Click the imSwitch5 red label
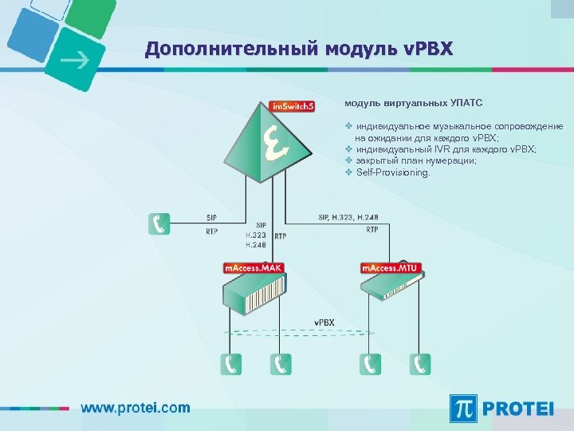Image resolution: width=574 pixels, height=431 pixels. point(292,105)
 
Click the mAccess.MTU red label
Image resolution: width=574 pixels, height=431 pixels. point(391,268)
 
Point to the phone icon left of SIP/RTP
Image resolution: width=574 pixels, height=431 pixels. point(159,223)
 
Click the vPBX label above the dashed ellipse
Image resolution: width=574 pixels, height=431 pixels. point(324,322)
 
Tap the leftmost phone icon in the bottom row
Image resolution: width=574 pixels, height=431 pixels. point(232,364)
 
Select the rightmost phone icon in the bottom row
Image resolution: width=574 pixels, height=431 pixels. point(420,364)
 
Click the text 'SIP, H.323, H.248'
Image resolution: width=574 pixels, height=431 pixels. point(348,217)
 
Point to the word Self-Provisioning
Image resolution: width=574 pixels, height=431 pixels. point(392,172)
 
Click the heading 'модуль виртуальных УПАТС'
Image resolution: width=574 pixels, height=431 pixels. point(413,103)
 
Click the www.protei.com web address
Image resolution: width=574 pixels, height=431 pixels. point(135,407)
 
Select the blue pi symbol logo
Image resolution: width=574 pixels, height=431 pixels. point(464,408)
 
